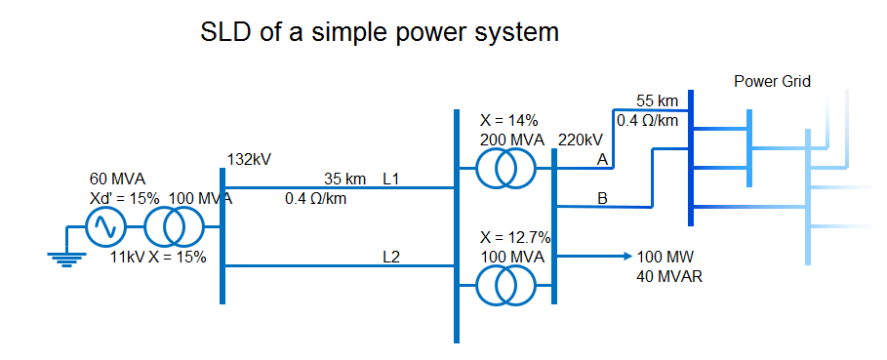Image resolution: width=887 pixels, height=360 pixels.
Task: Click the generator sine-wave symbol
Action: (x=103, y=228)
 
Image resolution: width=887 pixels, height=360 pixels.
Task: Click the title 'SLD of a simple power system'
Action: (x=380, y=32)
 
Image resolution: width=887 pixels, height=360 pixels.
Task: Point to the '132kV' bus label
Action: (x=249, y=158)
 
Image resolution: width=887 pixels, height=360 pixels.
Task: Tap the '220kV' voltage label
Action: (x=582, y=140)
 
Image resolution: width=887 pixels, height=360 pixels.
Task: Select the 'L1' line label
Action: (x=391, y=179)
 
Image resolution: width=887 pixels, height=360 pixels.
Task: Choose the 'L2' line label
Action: (x=391, y=258)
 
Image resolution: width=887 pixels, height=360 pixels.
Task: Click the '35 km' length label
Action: (x=344, y=179)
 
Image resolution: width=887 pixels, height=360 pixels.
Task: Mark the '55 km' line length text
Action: (x=657, y=100)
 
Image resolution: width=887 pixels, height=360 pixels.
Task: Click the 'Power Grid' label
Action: (x=772, y=81)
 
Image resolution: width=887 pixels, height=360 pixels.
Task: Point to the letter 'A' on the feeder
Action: (x=602, y=159)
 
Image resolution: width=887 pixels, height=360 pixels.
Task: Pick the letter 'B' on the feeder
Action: (x=602, y=199)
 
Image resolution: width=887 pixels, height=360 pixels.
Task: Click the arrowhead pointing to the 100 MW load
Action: (x=627, y=257)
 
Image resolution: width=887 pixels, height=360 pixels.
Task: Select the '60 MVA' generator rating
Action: (x=117, y=179)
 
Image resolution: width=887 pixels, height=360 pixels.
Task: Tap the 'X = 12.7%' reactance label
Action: (x=515, y=237)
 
